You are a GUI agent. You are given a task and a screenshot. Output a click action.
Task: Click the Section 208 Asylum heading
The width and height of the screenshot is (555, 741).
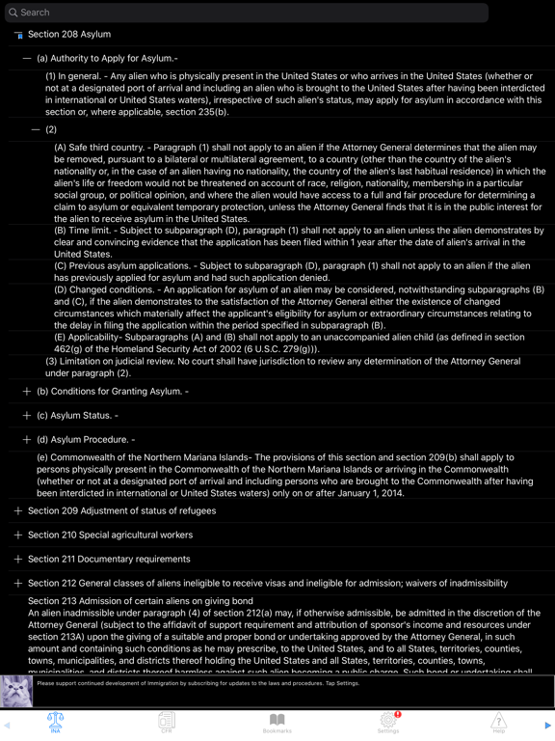pos(69,35)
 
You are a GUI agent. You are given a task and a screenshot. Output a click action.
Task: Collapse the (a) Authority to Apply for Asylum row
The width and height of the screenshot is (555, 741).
pos(27,59)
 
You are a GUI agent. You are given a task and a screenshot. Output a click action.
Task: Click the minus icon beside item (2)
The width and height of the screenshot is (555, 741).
pos(36,129)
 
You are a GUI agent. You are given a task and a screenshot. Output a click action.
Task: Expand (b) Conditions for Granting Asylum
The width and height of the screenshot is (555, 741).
pos(27,392)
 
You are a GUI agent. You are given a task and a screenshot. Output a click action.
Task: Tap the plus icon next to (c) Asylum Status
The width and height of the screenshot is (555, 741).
pos(27,416)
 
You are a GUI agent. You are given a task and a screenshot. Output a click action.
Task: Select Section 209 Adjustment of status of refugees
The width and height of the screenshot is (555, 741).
pos(121,510)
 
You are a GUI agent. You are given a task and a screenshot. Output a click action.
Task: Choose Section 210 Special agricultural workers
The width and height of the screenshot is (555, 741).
pos(110,535)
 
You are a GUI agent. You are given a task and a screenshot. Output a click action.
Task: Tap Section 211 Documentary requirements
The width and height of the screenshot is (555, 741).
pos(109,559)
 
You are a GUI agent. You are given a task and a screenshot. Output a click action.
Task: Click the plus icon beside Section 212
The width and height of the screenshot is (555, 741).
pos(18,584)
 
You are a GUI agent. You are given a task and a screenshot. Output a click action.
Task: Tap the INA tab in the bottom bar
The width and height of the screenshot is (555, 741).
pos(55,723)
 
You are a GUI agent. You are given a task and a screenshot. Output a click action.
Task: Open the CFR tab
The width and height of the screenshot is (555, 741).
pos(167,723)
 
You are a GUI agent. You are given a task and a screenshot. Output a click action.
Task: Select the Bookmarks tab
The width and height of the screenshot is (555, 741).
pos(277,723)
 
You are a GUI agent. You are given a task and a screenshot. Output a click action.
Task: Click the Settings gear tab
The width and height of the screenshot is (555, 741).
pos(388,723)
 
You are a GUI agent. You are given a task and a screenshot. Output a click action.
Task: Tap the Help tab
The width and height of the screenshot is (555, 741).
pos(498,723)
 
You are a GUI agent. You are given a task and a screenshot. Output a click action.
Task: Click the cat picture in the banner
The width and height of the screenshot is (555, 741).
pos(16,691)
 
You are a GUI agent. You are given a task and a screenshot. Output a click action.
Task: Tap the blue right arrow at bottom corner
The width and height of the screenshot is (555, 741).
pos(547,726)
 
